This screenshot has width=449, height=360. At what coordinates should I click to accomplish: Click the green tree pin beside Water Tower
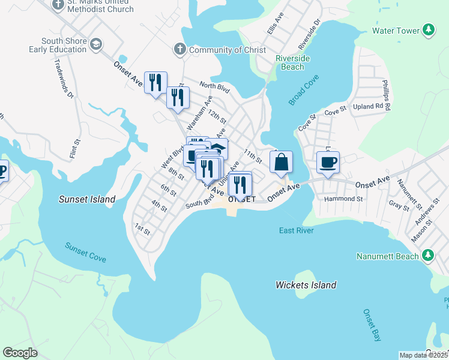(428, 30)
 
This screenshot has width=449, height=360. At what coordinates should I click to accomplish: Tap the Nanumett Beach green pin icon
(428, 256)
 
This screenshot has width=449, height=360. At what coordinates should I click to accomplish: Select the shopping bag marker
(281, 162)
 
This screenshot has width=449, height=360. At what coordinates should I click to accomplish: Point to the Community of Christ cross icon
(179, 50)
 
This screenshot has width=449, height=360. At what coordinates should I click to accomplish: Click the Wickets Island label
(306, 285)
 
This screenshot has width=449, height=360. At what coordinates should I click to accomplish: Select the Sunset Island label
(86, 199)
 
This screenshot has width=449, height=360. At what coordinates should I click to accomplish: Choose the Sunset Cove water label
(86, 252)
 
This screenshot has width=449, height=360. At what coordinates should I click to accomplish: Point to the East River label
(297, 230)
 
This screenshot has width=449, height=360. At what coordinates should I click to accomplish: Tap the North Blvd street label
(215, 88)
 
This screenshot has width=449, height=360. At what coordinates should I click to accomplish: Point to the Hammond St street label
(343, 199)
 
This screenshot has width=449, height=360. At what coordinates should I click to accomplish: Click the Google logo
(20, 353)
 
